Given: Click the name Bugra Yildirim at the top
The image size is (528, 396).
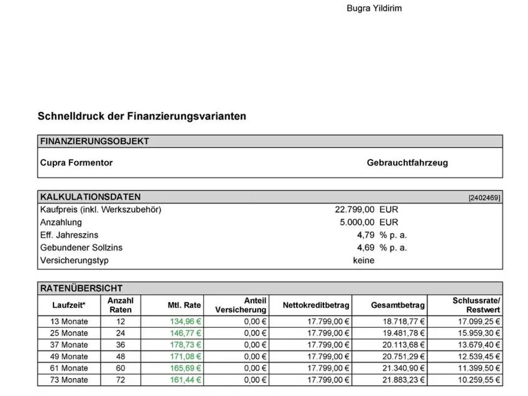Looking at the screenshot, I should (374, 8).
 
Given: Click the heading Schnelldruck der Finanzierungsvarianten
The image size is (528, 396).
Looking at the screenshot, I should (142, 116).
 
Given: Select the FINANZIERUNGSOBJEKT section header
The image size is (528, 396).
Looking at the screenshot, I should (95, 141).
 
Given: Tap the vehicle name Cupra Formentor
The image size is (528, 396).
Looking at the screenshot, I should (76, 163).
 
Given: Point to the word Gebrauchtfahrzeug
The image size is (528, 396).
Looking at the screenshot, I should (407, 163).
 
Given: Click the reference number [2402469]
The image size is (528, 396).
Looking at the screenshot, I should (484, 197).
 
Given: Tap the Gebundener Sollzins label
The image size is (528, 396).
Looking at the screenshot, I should (81, 247).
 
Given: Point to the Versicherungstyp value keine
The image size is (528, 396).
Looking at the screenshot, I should (364, 260).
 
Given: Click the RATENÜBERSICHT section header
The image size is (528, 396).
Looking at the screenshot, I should (81, 288).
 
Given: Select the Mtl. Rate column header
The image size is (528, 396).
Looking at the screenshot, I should (184, 305).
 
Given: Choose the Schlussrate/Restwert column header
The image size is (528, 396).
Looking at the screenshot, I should (476, 305).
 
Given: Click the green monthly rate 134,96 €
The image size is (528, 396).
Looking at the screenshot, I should (186, 321).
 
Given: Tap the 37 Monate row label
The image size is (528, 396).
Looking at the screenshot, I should (69, 345).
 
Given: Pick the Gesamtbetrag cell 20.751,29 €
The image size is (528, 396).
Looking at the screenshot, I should (404, 357).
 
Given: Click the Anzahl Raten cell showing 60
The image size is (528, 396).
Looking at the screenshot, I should (120, 368).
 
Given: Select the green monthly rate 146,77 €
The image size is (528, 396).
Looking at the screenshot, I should (186, 333).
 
